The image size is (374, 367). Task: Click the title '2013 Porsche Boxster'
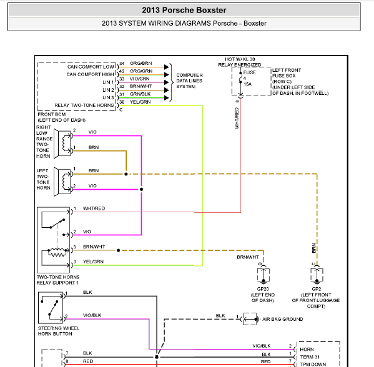pyautogui.click(x=184, y=10)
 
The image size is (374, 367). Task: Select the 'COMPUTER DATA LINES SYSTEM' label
pyautogui.click(x=189, y=81)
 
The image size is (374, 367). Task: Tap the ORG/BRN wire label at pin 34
pyautogui.click(x=140, y=63)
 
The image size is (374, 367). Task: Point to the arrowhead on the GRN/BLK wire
pyautogui.click(x=167, y=98)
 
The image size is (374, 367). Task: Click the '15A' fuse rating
pyautogui.click(x=248, y=84)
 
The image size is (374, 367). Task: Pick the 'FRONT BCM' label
pyautogui.click(x=52, y=114)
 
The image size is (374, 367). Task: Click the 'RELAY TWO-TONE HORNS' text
pyautogui.click(x=84, y=105)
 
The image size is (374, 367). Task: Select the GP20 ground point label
pyautogui.click(x=263, y=289)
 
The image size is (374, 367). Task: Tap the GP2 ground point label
pyautogui.click(x=317, y=289)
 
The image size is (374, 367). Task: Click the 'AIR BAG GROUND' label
pyautogui.click(x=283, y=319)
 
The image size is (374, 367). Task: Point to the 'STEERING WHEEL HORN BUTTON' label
pyautogui.click(x=59, y=331)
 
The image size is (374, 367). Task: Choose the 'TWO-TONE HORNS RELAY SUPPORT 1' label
pyautogui.click(x=58, y=280)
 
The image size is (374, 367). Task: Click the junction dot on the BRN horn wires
pyautogui.click(x=126, y=174)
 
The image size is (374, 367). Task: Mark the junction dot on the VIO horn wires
pyautogui.click(x=142, y=189)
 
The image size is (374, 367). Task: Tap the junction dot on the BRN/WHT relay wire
pyautogui.click(x=118, y=250)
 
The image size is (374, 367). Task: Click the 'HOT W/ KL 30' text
pyautogui.click(x=240, y=59)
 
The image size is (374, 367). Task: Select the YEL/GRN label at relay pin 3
pyautogui.click(x=93, y=262)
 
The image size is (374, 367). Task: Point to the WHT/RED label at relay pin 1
pyautogui.click(x=94, y=208)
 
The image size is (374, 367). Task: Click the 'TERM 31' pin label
pyautogui.click(x=310, y=357)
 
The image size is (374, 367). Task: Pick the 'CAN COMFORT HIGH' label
pyautogui.click(x=90, y=74)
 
